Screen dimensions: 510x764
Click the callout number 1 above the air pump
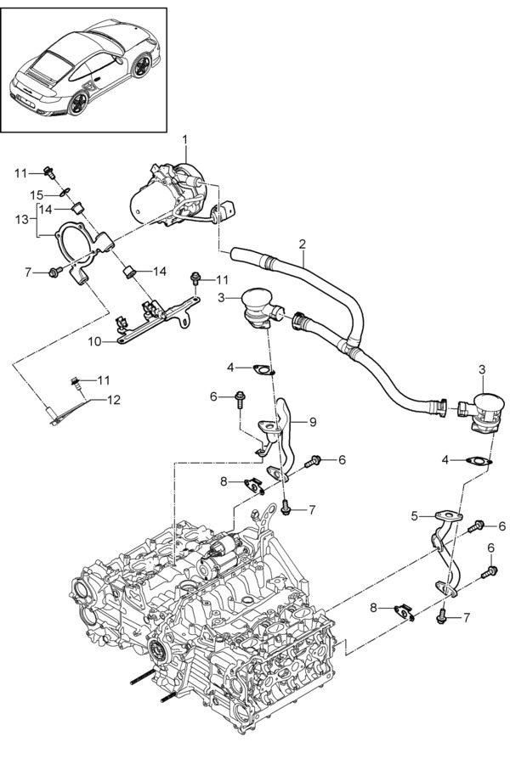coord(185,140)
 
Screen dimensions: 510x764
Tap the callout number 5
coord(414,516)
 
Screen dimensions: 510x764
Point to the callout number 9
coord(312,421)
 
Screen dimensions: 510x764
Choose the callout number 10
coord(94,341)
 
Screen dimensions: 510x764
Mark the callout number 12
coord(113,400)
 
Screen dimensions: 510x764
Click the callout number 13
coord(22,220)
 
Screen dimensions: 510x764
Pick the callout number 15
coord(37,195)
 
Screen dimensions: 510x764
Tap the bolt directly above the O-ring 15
coord(49,172)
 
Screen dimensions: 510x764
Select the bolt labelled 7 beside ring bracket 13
coord(55,272)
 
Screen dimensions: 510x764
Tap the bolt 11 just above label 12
coord(75,383)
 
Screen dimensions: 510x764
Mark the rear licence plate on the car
coord(25,102)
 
